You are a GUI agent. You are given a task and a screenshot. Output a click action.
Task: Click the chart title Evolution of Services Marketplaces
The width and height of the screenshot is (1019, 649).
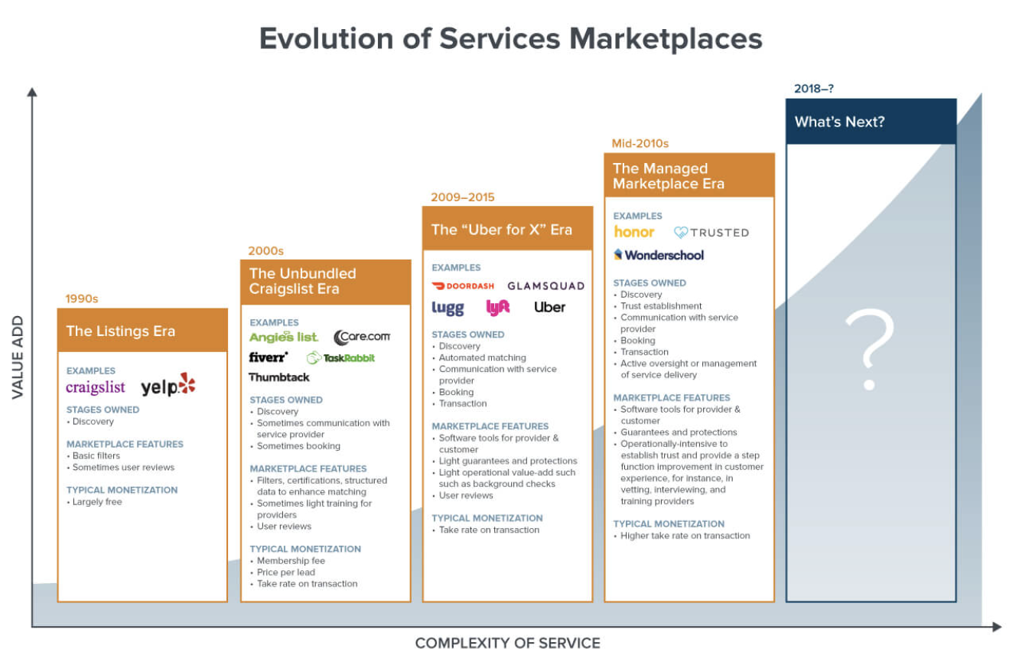click(x=510, y=38)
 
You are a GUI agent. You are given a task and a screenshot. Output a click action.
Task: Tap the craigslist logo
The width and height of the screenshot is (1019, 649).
click(x=96, y=387)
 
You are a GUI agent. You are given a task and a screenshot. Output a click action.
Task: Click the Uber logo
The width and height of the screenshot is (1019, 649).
click(x=549, y=308)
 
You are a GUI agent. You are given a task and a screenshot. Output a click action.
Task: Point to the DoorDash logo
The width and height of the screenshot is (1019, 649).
click(x=463, y=285)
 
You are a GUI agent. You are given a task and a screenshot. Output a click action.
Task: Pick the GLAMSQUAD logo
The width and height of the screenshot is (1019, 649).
click(x=545, y=285)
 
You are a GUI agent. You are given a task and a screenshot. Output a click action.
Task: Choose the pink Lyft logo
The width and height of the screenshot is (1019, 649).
click(x=498, y=308)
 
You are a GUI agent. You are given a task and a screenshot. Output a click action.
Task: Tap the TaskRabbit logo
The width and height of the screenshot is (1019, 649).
click(x=341, y=357)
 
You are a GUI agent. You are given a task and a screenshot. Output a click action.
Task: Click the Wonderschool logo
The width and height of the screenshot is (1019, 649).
click(x=659, y=255)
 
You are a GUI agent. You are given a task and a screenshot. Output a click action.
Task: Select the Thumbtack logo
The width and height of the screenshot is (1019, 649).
click(x=279, y=377)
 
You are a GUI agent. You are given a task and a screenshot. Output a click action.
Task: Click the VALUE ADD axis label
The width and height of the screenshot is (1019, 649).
click(x=18, y=357)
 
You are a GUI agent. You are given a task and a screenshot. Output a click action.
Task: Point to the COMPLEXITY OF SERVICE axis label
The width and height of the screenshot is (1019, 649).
click(x=508, y=643)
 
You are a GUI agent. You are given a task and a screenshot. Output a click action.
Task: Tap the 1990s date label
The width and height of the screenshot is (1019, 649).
click(x=82, y=298)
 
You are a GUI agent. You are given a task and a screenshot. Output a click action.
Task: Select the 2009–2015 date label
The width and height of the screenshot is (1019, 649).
click(x=463, y=197)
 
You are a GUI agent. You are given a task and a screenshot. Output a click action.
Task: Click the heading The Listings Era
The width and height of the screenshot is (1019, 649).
click(x=121, y=331)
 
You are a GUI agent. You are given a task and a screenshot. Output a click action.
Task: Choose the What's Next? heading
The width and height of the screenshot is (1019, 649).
click(x=839, y=122)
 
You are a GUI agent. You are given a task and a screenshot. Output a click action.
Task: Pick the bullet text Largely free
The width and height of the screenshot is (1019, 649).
click(x=97, y=502)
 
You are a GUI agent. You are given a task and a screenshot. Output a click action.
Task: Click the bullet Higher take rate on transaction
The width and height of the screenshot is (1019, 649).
click(x=685, y=536)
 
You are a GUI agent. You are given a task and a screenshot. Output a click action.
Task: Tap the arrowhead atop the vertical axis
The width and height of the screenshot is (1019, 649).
click(x=32, y=92)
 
